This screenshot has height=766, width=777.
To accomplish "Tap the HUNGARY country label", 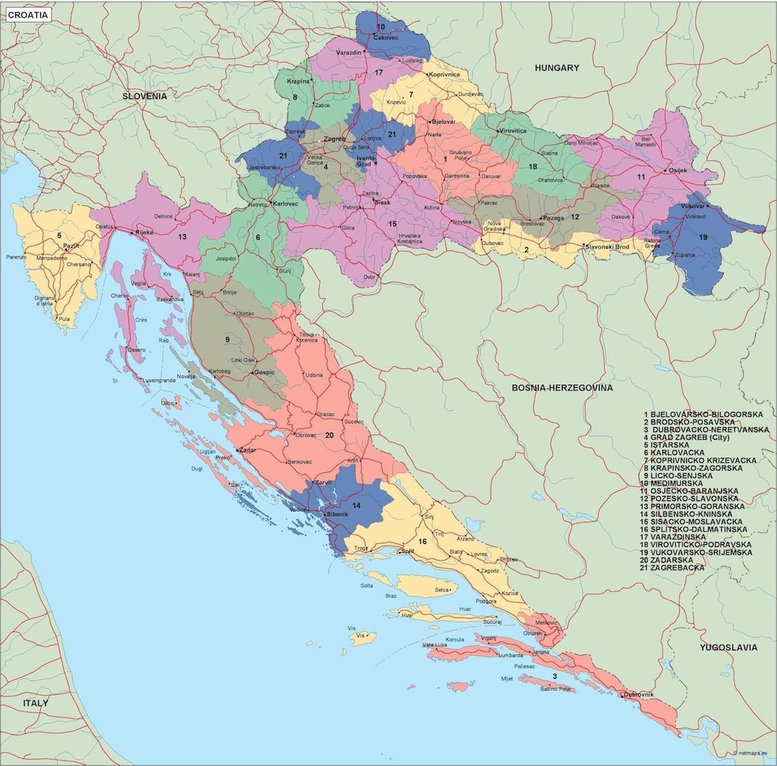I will [556, 67].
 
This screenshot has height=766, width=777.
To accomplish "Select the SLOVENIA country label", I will [146, 96].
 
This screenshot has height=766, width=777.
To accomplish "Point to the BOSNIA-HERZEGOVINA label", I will [561, 388].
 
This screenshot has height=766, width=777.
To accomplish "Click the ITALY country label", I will [36, 703].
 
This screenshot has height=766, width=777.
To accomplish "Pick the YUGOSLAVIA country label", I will [728, 647].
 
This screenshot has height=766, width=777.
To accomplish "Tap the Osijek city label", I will [676, 170].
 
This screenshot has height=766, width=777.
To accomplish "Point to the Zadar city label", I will [247, 449].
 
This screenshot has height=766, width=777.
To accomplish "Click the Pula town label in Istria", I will [63, 319].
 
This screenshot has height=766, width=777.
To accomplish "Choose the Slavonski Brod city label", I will [607, 247].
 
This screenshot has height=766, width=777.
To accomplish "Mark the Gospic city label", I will [265, 372].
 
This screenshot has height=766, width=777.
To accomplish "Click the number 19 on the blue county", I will [703, 238].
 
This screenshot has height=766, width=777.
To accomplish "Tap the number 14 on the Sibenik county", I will [357, 504].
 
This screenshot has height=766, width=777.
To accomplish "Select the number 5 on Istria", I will [58, 236].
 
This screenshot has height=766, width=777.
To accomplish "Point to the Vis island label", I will [352, 628].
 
